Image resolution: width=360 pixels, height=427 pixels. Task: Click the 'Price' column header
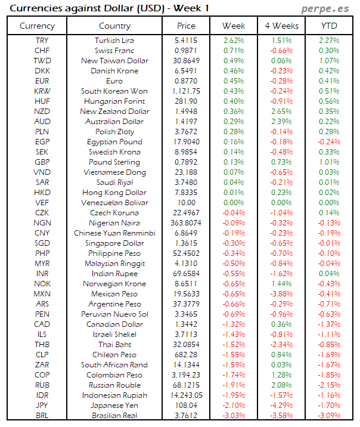pyautogui.click(x=186, y=26)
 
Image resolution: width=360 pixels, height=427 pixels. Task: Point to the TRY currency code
pyautogui.click(x=42, y=41)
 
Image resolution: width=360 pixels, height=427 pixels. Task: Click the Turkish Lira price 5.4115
pyautogui.click(x=186, y=41)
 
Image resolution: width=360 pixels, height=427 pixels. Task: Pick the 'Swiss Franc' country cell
pyautogui.click(x=114, y=51)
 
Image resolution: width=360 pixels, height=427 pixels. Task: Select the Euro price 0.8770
pyautogui.click(x=186, y=81)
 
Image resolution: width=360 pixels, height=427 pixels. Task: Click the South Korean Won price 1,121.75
pyautogui.click(x=186, y=91)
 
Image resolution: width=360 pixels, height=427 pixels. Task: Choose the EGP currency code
pyautogui.click(x=42, y=142)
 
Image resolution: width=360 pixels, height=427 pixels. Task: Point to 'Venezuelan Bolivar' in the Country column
pyautogui.click(x=114, y=203)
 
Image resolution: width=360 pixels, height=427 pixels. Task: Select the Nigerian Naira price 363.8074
pyautogui.click(x=186, y=223)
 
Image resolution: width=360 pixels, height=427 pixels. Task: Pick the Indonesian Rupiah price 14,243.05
pyautogui.click(x=186, y=395)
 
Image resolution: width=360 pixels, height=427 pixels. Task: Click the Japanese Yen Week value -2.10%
pyautogui.click(x=233, y=406)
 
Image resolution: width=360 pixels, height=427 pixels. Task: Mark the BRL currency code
pyautogui.click(x=42, y=416)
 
